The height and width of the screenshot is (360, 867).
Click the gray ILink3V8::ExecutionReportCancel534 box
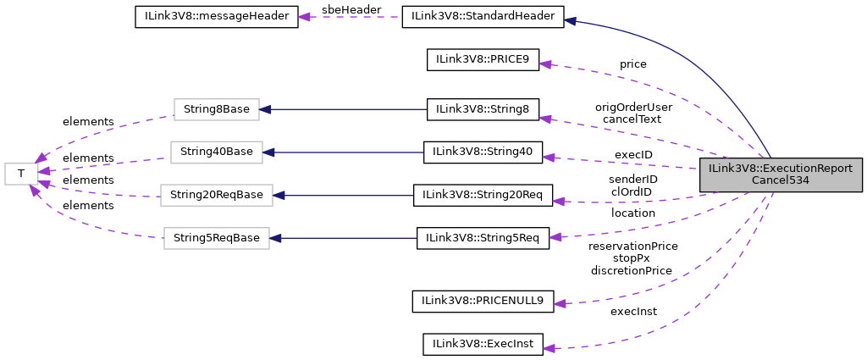tap(780, 174)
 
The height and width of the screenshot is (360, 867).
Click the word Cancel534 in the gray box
tap(780, 180)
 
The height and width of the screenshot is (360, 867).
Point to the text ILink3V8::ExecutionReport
tap(780, 169)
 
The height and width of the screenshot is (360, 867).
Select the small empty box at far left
tap(21, 174)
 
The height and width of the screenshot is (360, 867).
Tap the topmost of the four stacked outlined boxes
tap(216, 109)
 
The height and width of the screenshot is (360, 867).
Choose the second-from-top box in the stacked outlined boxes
tap(216, 152)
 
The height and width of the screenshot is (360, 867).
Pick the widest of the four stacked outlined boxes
tap(216, 195)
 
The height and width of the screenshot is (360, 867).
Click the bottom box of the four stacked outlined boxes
tap(216, 238)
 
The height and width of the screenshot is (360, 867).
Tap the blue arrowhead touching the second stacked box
tap(269, 152)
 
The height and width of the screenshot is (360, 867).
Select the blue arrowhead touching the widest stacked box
tap(279, 195)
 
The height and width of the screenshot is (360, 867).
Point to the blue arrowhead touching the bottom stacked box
tap(276, 238)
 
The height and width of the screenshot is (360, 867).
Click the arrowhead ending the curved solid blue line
tap(571, 20)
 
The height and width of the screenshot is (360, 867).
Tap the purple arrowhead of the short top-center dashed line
tap(304, 17)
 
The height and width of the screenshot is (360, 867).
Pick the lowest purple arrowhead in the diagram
tap(549, 348)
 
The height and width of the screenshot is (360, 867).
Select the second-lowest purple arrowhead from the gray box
tap(560, 303)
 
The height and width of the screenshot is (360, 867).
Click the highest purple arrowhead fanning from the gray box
tap(545, 64)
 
